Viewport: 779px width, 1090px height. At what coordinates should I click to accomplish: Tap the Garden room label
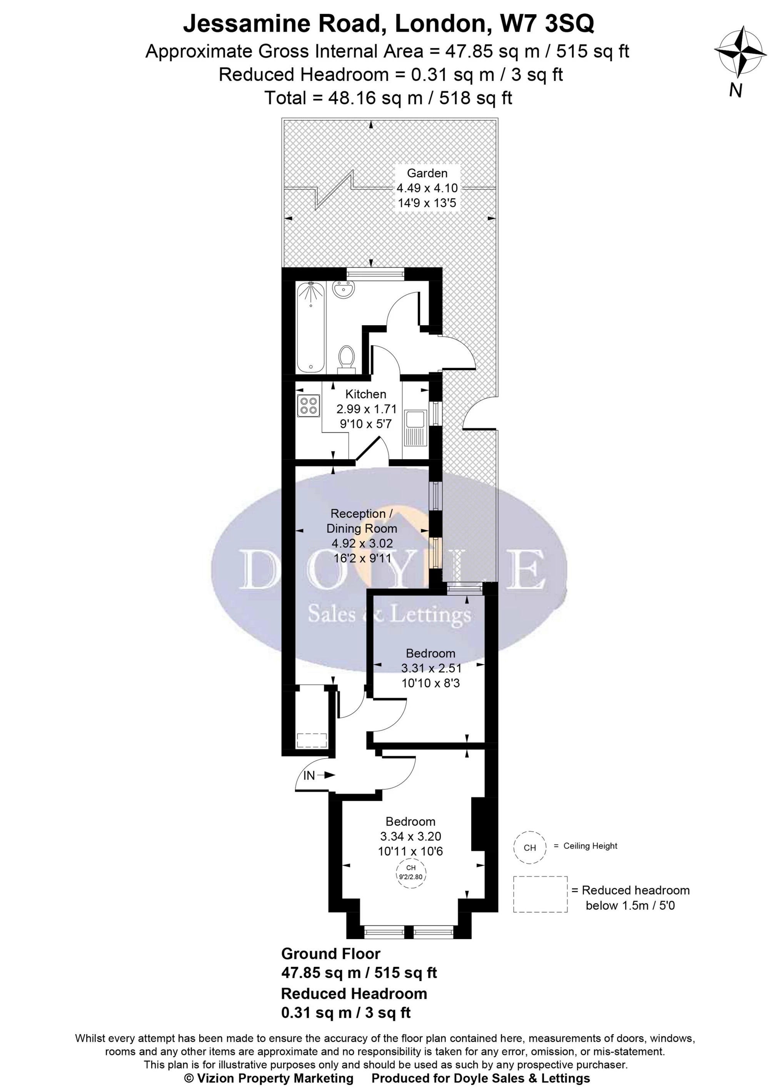[427, 173]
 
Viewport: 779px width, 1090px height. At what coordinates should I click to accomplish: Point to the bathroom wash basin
[343, 290]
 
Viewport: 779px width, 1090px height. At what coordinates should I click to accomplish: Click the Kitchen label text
[365, 394]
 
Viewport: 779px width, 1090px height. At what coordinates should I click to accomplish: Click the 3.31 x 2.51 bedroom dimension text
[431, 668]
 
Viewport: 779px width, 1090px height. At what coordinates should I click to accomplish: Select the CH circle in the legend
[530, 848]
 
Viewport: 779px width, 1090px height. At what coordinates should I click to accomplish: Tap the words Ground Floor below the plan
[330, 954]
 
